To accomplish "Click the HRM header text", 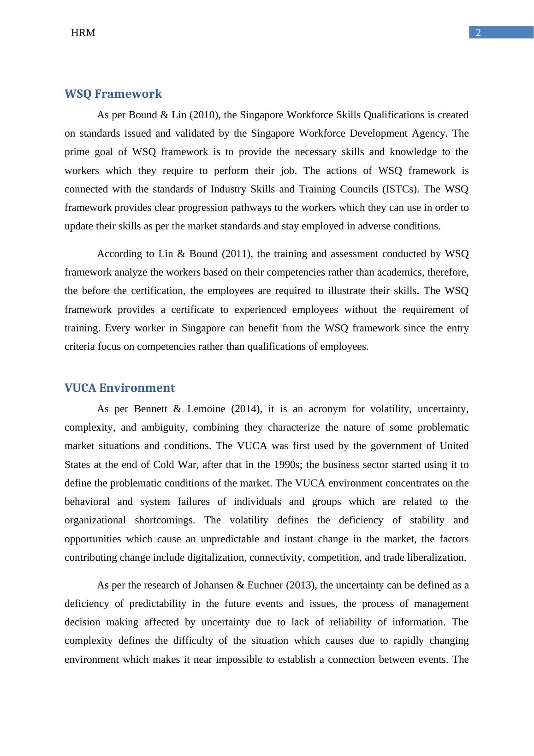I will coord(83,33).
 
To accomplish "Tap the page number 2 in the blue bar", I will coord(478,33).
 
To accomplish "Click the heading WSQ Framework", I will coord(113,94).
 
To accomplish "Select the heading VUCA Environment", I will coord(119,388).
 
